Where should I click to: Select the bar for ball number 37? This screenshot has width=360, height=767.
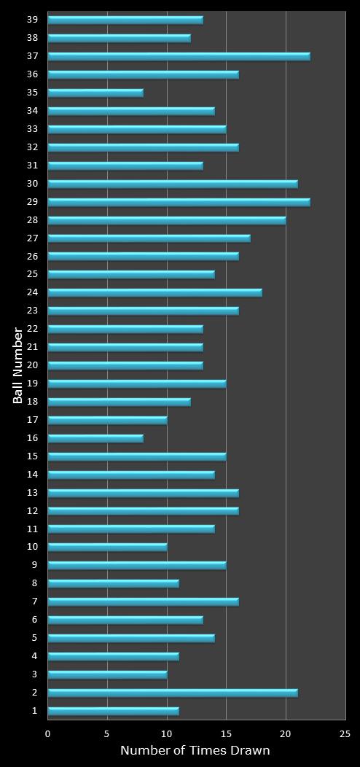[179, 56]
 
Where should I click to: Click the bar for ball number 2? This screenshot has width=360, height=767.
[173, 693]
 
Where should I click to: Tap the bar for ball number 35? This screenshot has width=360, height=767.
[95, 93]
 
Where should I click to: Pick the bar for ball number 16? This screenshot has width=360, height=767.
[95, 438]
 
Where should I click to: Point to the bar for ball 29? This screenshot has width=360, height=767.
[179, 202]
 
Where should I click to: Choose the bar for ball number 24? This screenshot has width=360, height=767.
[154, 292]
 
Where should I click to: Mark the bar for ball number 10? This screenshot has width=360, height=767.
[107, 547]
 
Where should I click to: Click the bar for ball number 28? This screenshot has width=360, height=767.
[167, 220]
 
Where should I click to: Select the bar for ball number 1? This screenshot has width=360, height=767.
[113, 711]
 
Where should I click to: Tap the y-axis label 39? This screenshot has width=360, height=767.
[32, 20]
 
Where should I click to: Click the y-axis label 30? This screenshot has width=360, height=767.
[32, 184]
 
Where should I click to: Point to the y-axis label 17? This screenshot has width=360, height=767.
[32, 420]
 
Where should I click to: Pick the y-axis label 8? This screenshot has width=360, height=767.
[34, 583]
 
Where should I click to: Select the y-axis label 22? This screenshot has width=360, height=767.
[32, 329]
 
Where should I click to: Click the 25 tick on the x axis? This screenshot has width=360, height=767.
[345, 734]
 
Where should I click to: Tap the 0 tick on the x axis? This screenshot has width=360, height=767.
[48, 734]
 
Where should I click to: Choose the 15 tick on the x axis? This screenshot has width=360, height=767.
[226, 734]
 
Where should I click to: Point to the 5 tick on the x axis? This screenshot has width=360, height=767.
[107, 734]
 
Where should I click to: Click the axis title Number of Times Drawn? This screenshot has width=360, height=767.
[195, 750]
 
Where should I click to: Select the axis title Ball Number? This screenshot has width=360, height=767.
[18, 365]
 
